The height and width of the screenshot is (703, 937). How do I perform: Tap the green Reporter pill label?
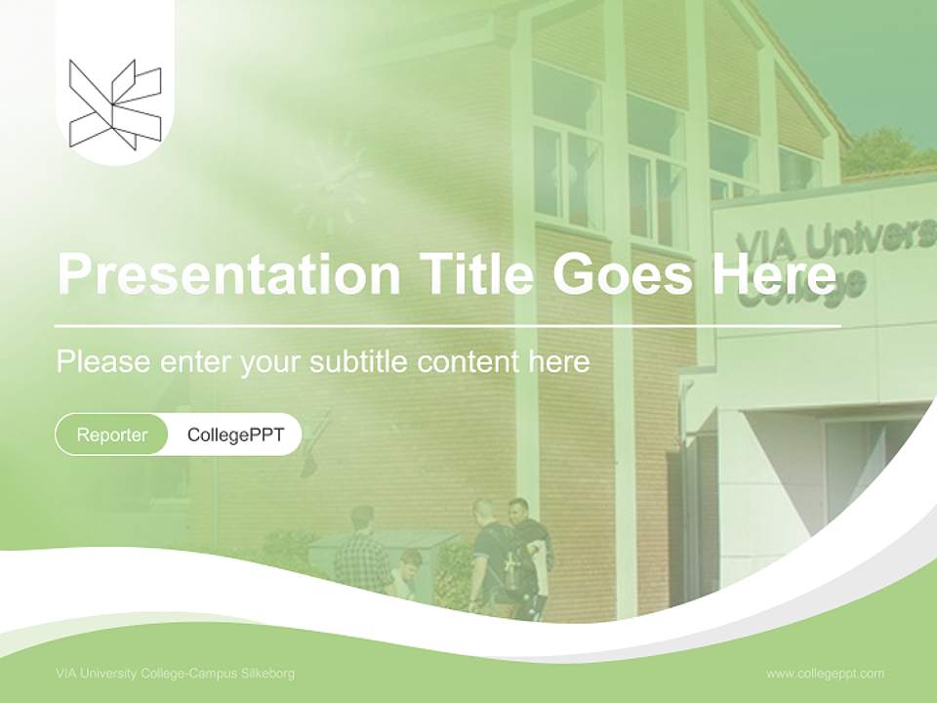(x=112, y=434)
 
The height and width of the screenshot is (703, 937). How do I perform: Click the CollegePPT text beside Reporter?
(x=235, y=434)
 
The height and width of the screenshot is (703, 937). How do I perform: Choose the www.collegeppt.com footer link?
(x=825, y=674)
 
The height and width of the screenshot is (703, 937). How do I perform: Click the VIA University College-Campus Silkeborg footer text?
(x=176, y=674)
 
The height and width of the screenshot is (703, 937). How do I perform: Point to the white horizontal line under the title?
(x=448, y=325)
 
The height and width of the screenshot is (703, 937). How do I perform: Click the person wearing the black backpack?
(x=494, y=557)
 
